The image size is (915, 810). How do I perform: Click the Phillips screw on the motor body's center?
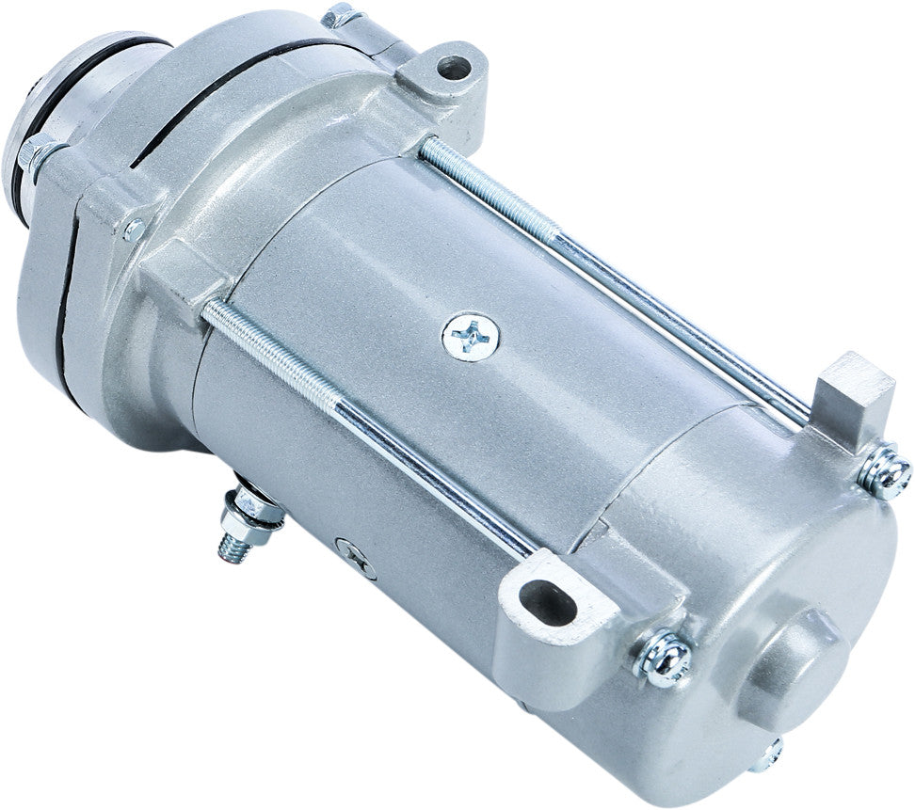click(470, 334)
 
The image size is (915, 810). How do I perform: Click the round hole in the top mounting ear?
click(456, 67)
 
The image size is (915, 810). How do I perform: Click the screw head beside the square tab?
click(886, 470)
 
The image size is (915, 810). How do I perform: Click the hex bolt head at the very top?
click(341, 16)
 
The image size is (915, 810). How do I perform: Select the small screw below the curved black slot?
click(135, 230)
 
